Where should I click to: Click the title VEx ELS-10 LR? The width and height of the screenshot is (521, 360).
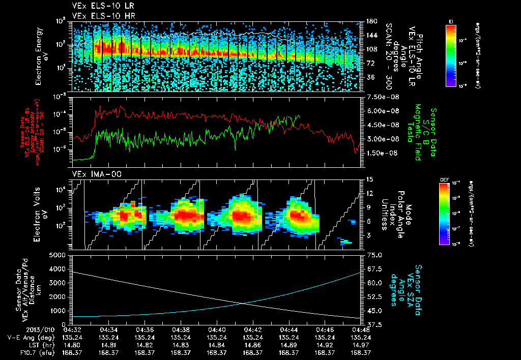tap(99, 6)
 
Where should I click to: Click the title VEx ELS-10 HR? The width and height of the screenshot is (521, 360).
tap(99, 15)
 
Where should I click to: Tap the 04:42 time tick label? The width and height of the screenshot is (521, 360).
tap(253, 329)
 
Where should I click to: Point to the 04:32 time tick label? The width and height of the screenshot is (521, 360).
tap(73, 329)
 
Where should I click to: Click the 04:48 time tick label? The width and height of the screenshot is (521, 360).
tap(360, 329)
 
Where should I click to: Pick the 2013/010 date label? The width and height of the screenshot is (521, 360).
tap(19, 329)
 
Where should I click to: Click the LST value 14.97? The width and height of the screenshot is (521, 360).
tap(360, 345)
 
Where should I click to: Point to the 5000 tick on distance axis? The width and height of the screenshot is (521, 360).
tap(57, 255)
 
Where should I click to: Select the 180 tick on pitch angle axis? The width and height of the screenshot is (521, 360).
tap(370, 21)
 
